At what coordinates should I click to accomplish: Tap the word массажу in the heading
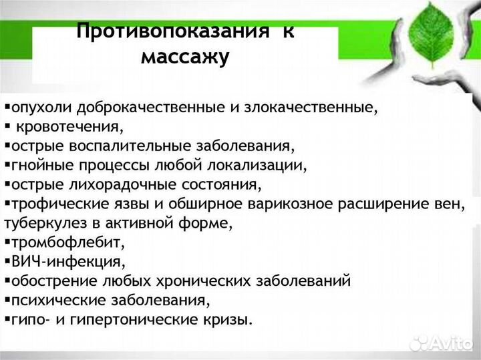point(185,57)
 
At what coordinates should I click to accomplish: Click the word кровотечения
point(69,126)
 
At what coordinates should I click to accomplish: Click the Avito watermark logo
point(441,342)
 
